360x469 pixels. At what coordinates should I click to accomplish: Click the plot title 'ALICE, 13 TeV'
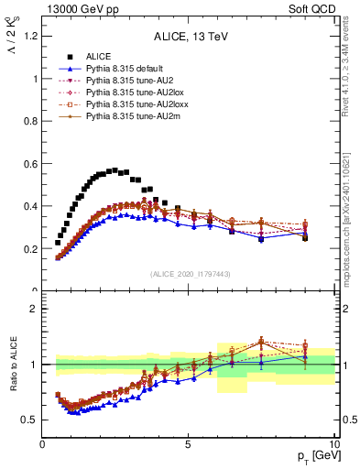(187, 38)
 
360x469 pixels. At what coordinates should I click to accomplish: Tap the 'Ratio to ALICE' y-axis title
(12, 365)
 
